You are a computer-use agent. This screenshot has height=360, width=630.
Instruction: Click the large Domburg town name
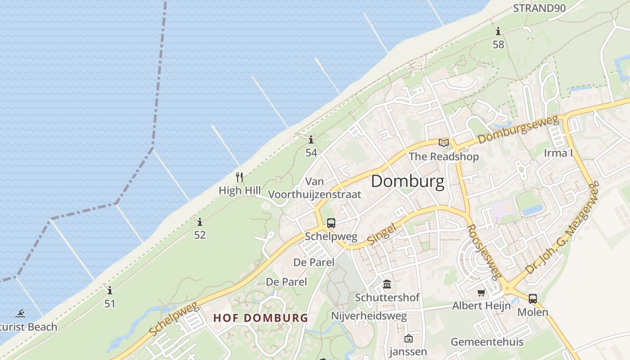click(x=408, y=181)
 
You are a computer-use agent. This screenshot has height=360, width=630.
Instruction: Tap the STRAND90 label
click(x=540, y=8)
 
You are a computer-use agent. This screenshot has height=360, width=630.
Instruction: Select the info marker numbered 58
click(x=498, y=31)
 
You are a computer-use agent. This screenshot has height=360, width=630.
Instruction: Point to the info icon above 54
click(x=311, y=139)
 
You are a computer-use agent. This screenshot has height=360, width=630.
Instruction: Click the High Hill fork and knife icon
click(x=239, y=177)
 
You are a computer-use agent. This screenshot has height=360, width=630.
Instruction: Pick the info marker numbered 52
click(x=200, y=222)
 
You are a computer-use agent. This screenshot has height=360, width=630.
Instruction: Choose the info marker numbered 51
click(x=110, y=290)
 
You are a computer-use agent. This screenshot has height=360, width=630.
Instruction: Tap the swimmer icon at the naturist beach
click(x=20, y=314)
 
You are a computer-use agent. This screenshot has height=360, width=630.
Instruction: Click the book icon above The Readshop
click(x=444, y=143)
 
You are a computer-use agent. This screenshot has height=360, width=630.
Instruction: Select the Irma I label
click(x=558, y=153)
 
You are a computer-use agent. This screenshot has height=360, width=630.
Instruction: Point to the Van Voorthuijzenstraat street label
click(x=315, y=188)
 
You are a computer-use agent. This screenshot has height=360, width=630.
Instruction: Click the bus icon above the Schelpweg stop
click(x=331, y=223)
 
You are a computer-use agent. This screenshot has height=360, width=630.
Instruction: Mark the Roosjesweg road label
click(x=484, y=252)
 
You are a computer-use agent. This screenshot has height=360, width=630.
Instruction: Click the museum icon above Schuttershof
click(x=387, y=284)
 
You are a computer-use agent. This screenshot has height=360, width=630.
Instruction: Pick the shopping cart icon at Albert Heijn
click(x=481, y=293)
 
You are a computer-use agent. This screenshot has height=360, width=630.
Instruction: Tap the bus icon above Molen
click(x=533, y=298)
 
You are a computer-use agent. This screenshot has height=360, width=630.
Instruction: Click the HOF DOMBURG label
click(x=261, y=318)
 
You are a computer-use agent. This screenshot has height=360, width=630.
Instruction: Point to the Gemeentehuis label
click(x=487, y=342)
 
